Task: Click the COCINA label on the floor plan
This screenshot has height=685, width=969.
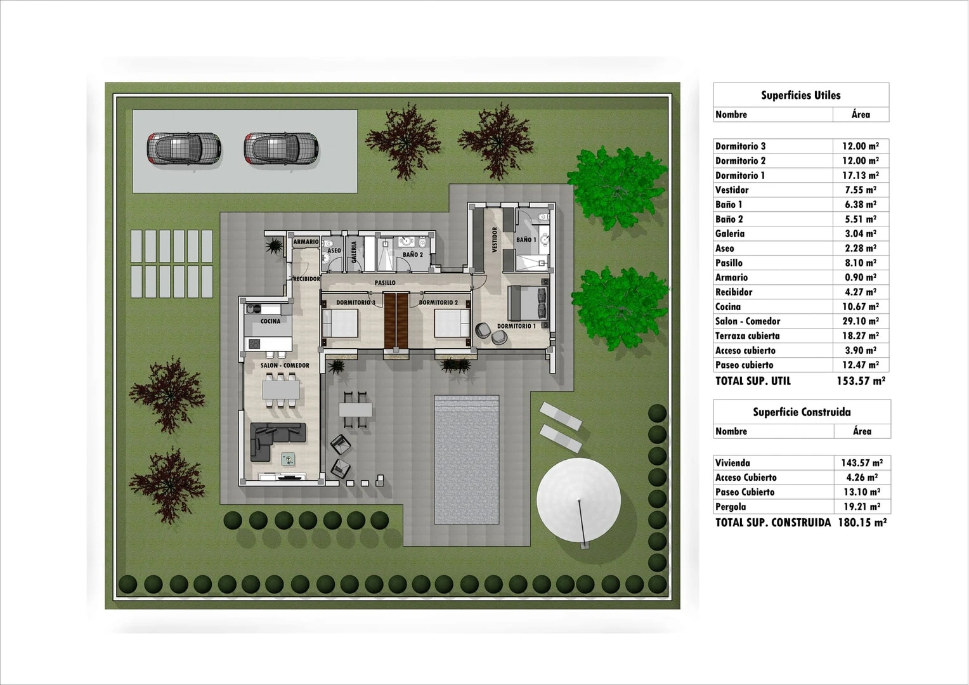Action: [270, 322]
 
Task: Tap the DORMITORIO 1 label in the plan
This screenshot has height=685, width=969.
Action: [516, 326]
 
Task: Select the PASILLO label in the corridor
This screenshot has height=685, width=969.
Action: [385, 283]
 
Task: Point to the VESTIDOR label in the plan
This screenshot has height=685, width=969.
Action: [495, 240]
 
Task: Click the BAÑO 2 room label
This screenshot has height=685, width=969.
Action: [412, 254]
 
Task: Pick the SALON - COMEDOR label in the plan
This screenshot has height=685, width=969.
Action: [285, 365]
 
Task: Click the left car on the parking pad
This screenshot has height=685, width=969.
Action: [184, 149]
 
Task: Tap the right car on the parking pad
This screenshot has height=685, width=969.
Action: [281, 149]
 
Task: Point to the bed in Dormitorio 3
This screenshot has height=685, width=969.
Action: [341, 322]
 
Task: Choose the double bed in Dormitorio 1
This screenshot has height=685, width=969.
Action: [528, 303]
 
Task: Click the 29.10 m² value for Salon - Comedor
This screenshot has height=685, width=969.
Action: [860, 322]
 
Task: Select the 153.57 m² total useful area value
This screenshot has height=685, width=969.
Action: [861, 381]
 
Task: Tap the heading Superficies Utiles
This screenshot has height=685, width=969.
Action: [800, 96]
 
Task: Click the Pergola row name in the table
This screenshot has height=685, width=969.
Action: [731, 507]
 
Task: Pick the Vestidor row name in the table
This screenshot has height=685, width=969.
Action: [732, 190]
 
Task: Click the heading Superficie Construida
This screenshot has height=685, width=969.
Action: [802, 412]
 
